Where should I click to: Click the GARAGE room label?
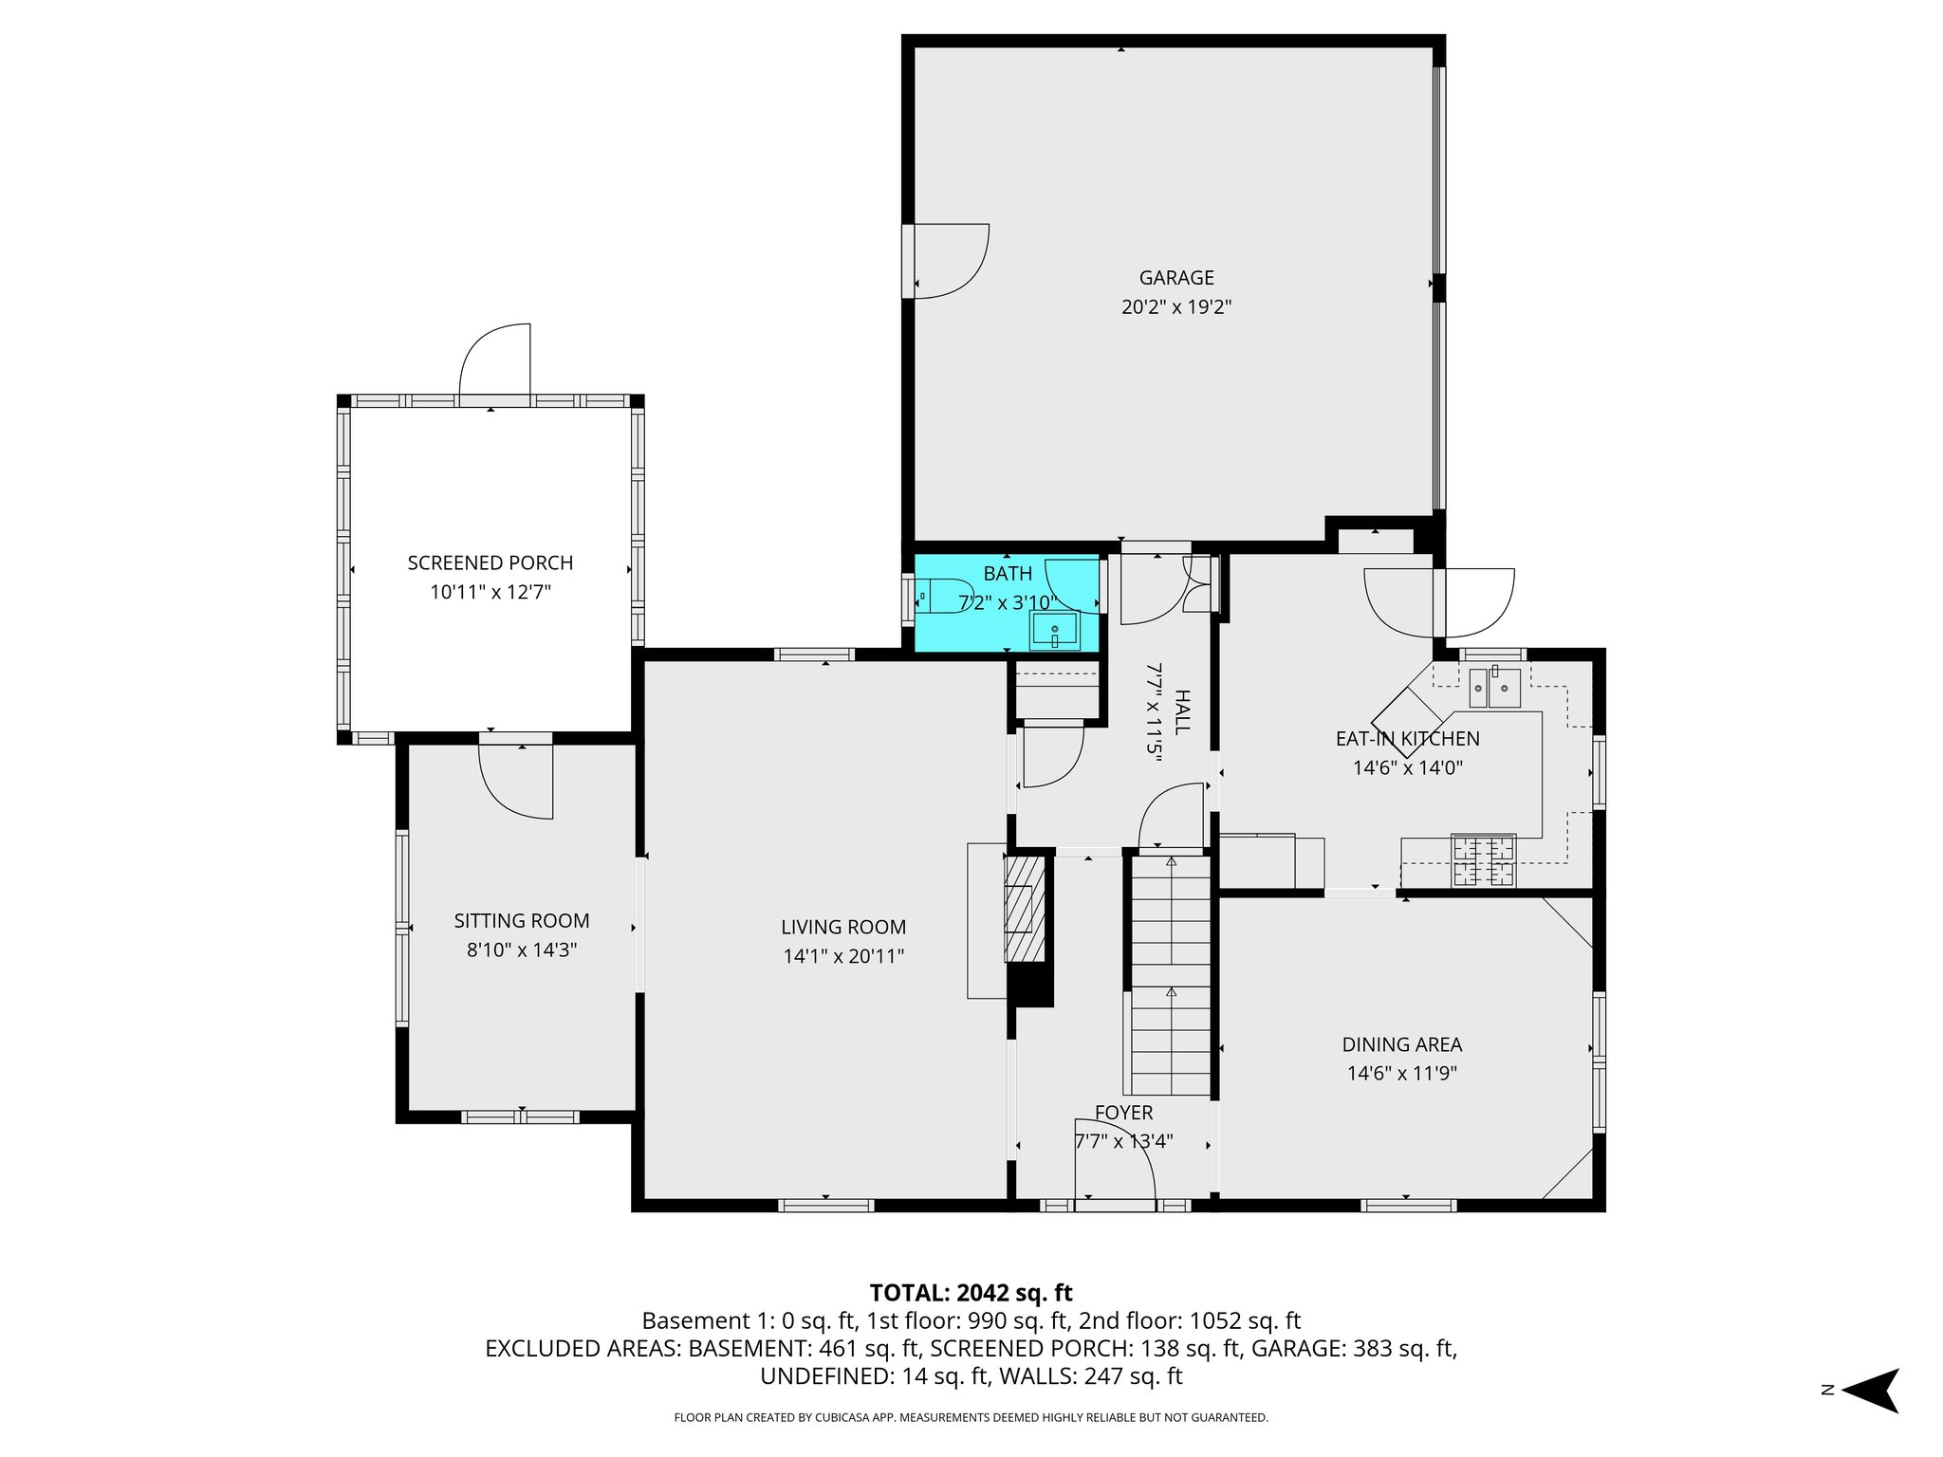(x=1176, y=278)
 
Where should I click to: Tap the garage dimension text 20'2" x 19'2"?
(x=1176, y=307)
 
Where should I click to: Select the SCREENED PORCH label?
(x=490, y=563)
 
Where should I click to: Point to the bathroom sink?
(x=1054, y=631)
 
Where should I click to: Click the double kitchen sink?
(x=1494, y=688)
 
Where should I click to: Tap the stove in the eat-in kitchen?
(x=1483, y=860)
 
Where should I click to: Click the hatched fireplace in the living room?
(x=1024, y=909)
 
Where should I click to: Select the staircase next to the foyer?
(x=1171, y=977)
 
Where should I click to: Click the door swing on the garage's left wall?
(x=949, y=261)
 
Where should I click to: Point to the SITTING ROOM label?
(x=522, y=920)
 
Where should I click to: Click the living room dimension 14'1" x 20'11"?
(x=842, y=956)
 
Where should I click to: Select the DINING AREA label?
(x=1401, y=1044)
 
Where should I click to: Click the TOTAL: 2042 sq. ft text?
(x=971, y=1292)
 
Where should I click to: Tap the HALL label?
(x=1181, y=711)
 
